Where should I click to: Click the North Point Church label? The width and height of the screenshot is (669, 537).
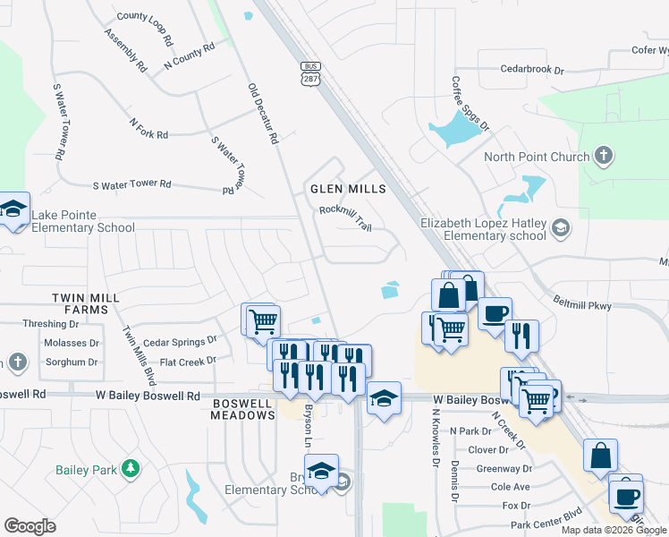[536, 158]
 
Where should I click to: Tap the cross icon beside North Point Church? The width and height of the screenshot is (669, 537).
[604, 157]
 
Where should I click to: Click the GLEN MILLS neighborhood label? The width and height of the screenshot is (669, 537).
[348, 189]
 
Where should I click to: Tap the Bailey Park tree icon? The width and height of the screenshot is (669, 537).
[131, 467]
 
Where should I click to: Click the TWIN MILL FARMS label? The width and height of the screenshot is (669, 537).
[80, 303]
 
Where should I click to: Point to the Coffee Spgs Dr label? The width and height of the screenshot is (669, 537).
[470, 103]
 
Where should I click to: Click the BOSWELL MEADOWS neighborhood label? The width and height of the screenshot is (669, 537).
[243, 409]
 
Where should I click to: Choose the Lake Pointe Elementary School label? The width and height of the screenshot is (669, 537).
[82, 221]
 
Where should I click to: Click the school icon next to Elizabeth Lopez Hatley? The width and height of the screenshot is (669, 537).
[560, 226]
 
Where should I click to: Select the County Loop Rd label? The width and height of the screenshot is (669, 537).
[144, 16]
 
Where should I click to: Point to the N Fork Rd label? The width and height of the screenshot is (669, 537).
[148, 129]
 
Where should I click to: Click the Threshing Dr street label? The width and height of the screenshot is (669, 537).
[47, 324]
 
